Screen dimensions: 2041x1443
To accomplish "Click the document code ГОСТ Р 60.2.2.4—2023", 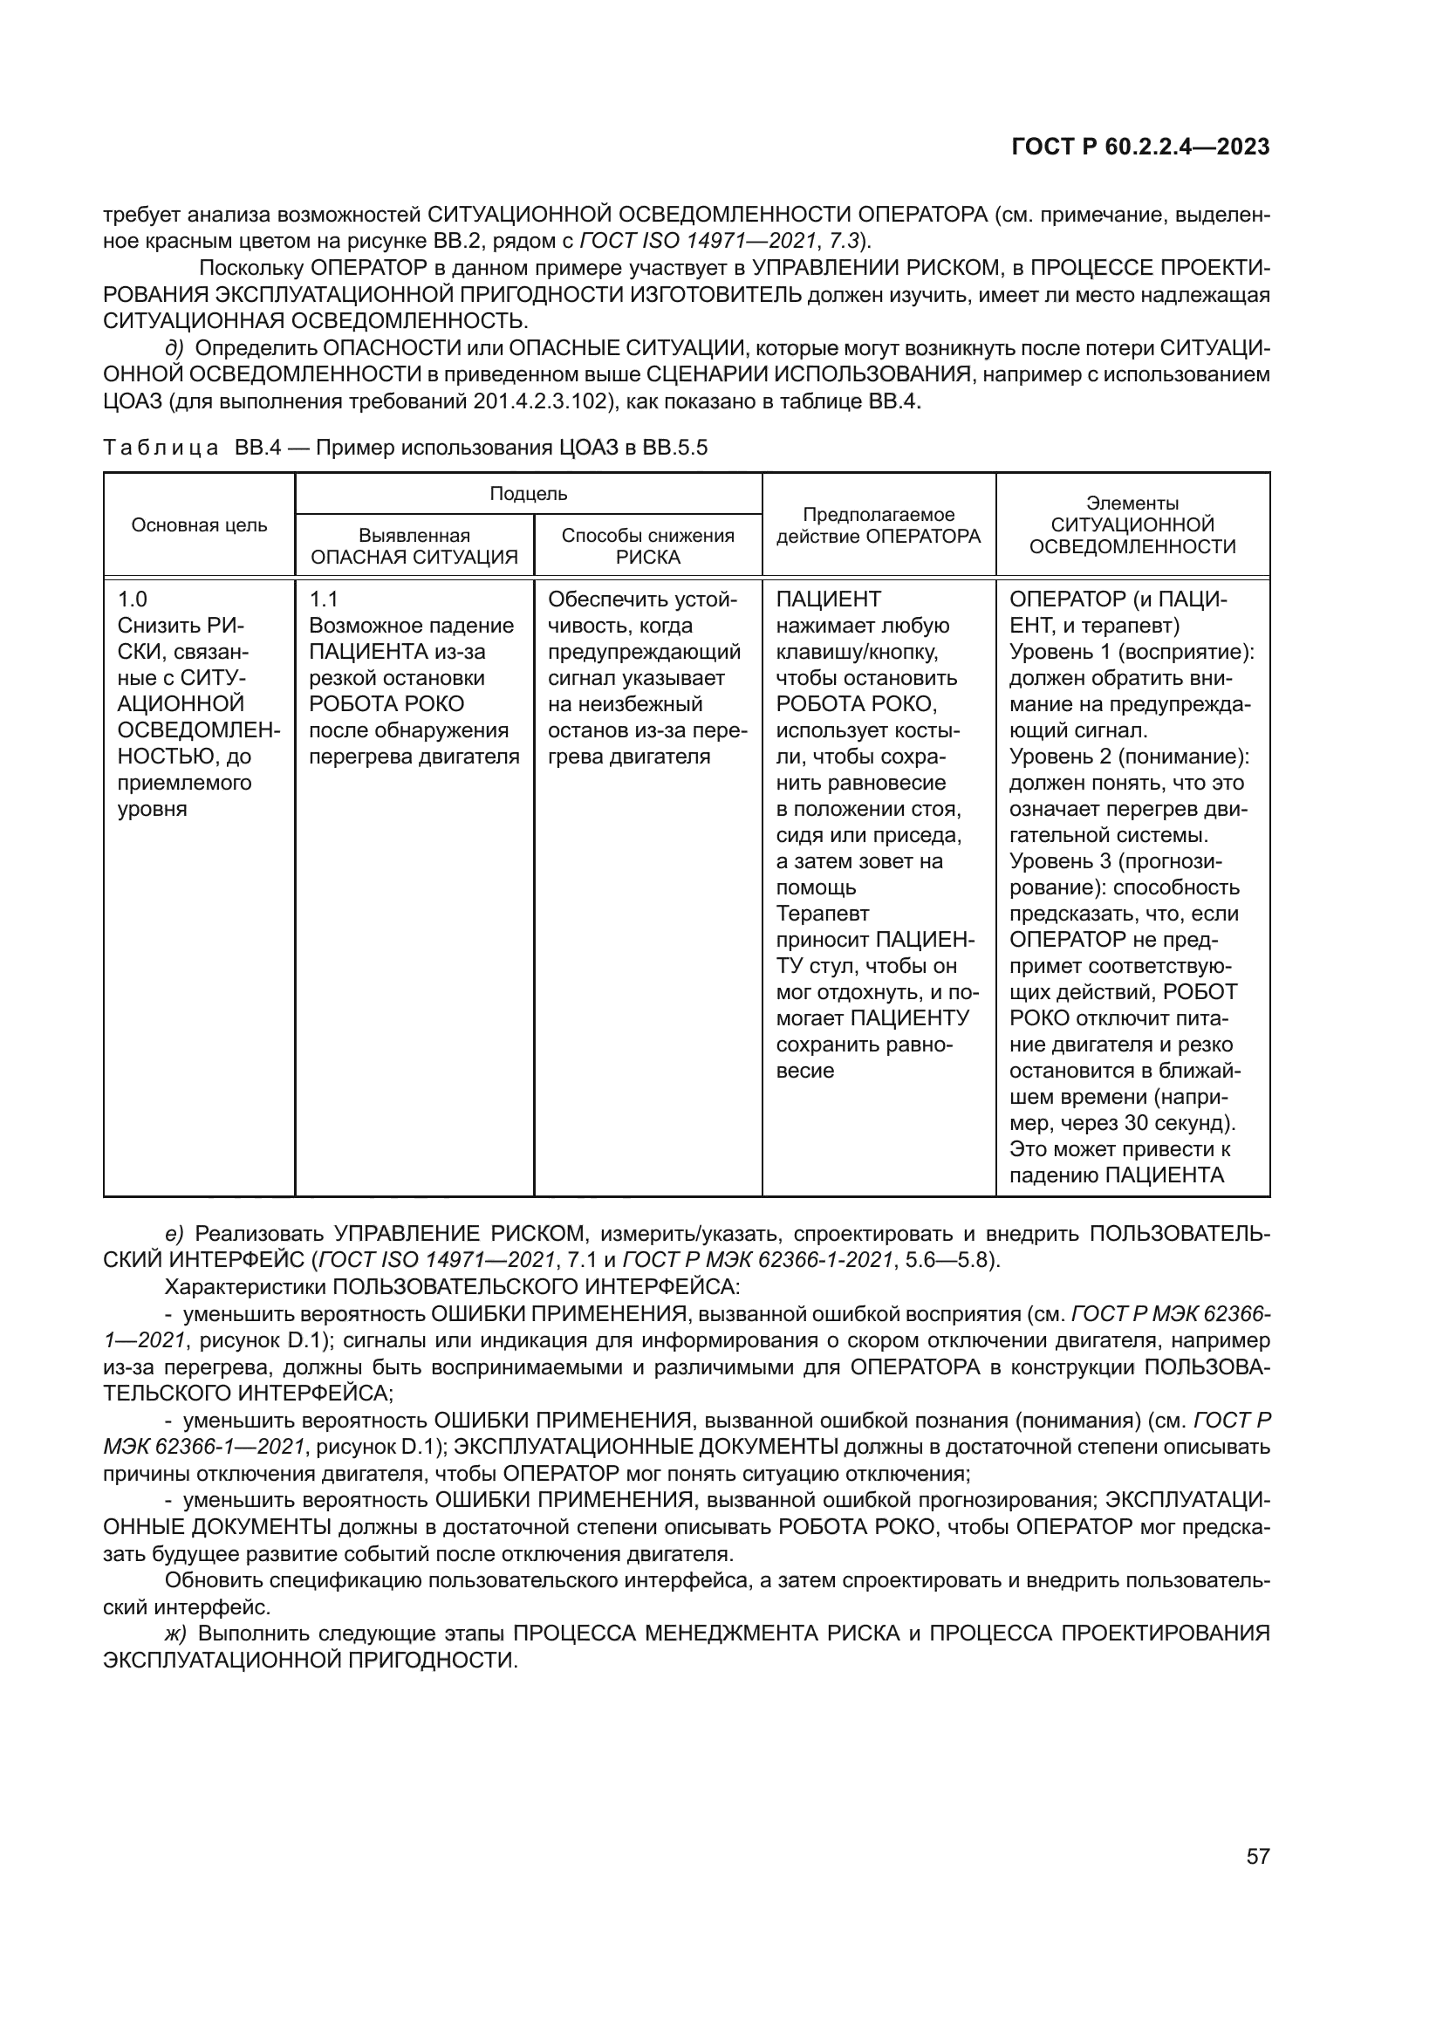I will pyautogui.click(x=1141, y=147).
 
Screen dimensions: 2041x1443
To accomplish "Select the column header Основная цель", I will pyautogui.click(x=199, y=525).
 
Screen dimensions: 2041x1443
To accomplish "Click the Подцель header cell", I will pyautogui.click(x=528, y=494).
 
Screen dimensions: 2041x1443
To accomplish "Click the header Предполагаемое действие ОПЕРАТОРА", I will pyautogui.click(x=878, y=525).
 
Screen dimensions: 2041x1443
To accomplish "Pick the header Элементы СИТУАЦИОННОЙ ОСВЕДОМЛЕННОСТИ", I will pyautogui.click(x=1132, y=525).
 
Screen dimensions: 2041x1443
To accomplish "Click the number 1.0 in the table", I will pyautogui.click(x=133, y=599).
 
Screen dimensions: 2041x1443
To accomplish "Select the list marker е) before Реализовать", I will pyautogui.click(x=174, y=1233).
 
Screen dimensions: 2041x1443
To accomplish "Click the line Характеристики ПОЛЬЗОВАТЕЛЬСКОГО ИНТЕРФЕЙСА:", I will pyautogui.click(x=452, y=1286).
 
